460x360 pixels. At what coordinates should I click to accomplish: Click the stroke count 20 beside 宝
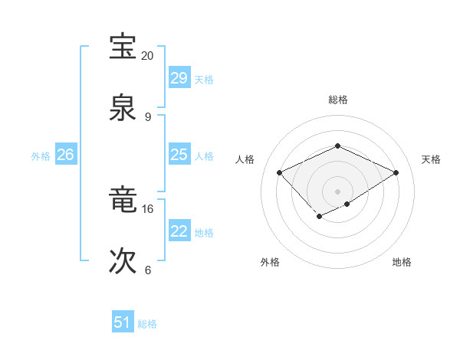(147, 56)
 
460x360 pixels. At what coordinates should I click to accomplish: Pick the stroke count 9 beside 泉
(147, 117)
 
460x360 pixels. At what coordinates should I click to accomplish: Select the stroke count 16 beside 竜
(147, 208)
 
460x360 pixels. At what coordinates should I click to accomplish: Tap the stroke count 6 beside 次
(147, 270)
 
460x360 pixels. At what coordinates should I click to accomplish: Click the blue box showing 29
(179, 78)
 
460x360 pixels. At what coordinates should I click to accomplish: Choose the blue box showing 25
(179, 155)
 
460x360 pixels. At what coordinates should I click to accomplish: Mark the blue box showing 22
(179, 231)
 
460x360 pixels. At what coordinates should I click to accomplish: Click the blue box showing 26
(65, 155)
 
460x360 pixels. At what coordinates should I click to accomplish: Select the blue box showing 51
(122, 322)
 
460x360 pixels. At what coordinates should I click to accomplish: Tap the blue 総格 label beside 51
(147, 324)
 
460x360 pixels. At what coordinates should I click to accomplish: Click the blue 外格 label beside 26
(41, 156)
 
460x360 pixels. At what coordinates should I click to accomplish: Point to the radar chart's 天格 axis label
(431, 159)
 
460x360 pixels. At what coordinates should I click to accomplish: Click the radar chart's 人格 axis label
(245, 159)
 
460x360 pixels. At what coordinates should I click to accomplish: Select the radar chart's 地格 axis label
(402, 263)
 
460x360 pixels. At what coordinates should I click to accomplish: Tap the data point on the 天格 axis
(396, 173)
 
